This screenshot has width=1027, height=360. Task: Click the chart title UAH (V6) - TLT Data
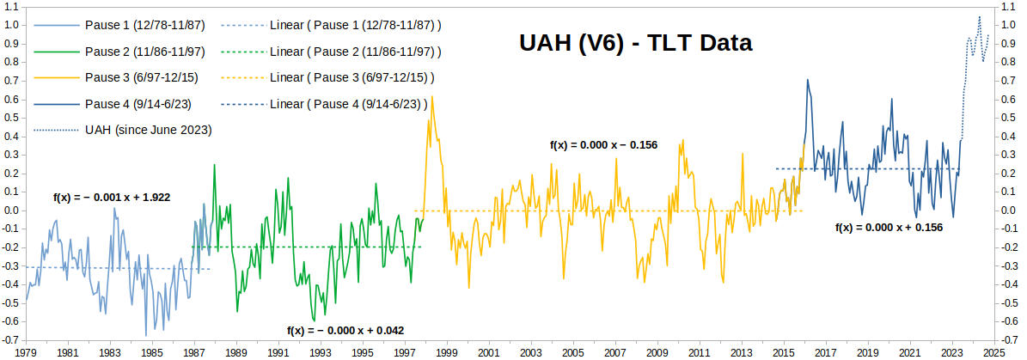click(636, 42)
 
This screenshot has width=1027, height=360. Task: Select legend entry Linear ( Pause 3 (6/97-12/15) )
click(352, 77)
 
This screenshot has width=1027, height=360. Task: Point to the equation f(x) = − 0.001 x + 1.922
click(112, 197)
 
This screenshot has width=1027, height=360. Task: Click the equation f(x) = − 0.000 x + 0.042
click(345, 330)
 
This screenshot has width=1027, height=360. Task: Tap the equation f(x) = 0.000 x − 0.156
click(603, 144)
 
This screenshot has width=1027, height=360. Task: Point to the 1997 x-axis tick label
click(404, 352)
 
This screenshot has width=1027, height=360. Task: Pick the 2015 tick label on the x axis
click(783, 352)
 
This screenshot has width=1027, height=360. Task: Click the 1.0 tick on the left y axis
click(11, 25)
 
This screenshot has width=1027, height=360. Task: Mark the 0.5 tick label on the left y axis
click(11, 118)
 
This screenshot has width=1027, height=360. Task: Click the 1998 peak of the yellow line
click(431, 96)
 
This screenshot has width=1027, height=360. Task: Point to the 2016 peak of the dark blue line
click(807, 80)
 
